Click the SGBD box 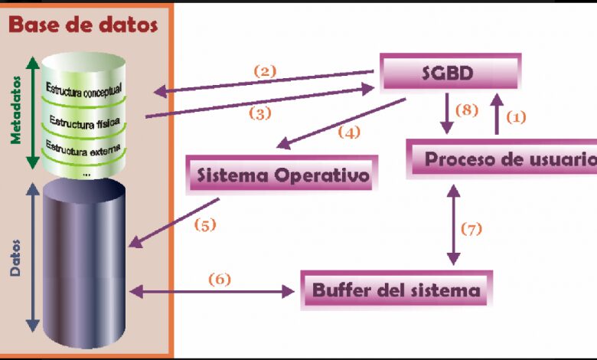click(450, 72)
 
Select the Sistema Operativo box click(282, 175)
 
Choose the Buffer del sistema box click(396, 290)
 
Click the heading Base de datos click(83, 25)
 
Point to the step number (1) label click(516, 117)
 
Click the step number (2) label click(265, 71)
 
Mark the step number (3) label click(260, 113)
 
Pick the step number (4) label click(349, 133)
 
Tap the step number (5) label click(205, 225)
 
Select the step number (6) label click(220, 280)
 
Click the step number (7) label click(471, 229)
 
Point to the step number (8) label click(467, 110)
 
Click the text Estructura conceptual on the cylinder click(83, 90)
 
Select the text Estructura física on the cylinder click(84, 123)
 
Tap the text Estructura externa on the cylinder click(83, 149)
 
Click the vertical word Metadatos click(15, 110)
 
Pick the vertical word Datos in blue click(15, 257)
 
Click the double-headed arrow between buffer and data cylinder click(212, 292)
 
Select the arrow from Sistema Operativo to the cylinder click(174, 223)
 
